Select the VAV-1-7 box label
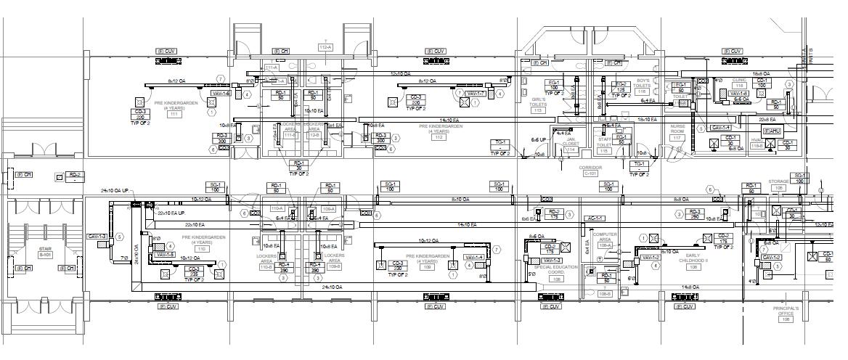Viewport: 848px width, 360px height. (x=476, y=94)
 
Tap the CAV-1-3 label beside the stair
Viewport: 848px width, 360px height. (x=97, y=237)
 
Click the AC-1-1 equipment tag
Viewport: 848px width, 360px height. (x=595, y=218)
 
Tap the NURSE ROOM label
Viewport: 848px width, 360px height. (x=677, y=130)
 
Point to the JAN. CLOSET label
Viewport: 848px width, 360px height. (x=571, y=142)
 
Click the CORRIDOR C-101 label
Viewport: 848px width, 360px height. (x=590, y=171)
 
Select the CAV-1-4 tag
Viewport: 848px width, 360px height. (x=720, y=128)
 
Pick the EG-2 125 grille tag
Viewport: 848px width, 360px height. (x=620, y=87)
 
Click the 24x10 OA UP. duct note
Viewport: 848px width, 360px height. (x=117, y=191)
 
